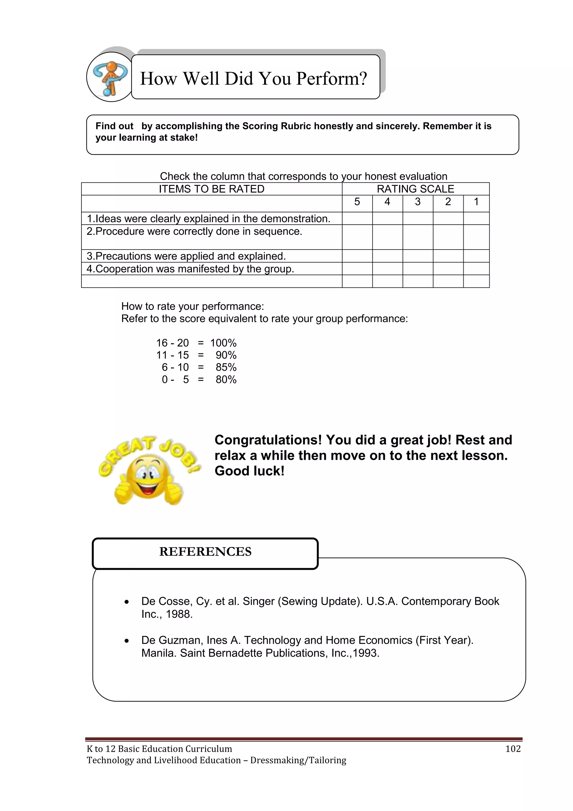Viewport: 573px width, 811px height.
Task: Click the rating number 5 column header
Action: click(x=357, y=202)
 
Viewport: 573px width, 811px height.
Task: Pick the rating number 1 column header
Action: click(x=476, y=202)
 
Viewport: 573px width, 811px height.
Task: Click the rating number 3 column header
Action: click(x=418, y=202)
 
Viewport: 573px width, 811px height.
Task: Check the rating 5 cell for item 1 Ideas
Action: click(x=357, y=218)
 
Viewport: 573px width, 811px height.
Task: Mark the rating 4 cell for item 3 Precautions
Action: click(x=388, y=256)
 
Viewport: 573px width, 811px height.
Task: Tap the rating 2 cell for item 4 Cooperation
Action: click(x=448, y=268)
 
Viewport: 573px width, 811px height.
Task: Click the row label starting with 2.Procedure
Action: click(x=194, y=231)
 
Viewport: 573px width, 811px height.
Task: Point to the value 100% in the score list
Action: click(x=223, y=343)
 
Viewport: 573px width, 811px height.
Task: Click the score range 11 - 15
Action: click(x=173, y=355)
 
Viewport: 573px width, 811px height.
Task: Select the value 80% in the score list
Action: click(x=226, y=379)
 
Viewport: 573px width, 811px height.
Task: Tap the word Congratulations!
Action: click(x=268, y=440)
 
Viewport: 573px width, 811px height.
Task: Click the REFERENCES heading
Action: click(x=205, y=551)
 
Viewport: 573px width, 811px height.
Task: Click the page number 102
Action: click(x=513, y=749)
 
